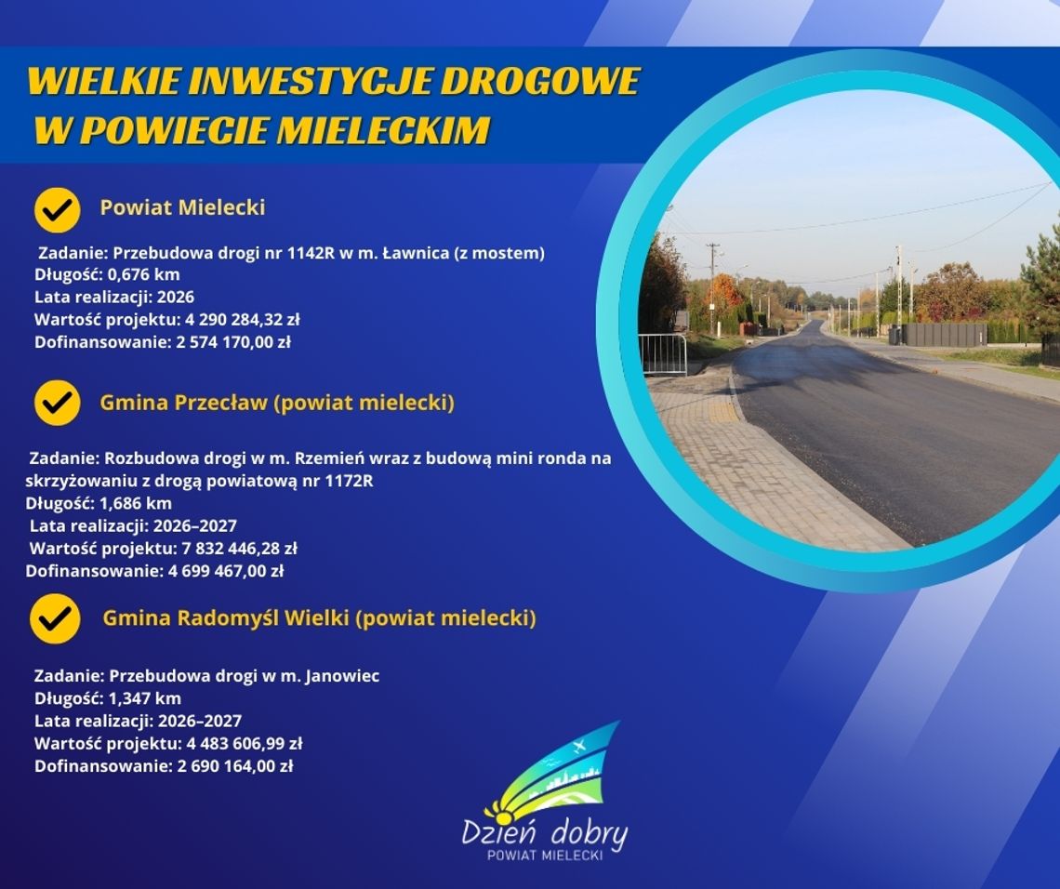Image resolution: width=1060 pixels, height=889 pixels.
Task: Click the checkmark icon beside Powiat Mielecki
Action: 58,209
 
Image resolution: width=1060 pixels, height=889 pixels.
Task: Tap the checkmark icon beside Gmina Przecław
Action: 58,403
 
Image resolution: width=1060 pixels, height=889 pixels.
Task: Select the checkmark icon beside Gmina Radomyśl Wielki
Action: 55,617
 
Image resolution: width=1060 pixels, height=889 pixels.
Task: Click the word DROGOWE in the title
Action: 539,82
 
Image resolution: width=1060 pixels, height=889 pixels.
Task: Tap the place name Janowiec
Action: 342,676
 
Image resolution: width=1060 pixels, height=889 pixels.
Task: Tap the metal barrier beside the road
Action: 663,354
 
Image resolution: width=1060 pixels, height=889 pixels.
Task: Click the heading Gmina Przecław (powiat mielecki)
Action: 277,403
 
